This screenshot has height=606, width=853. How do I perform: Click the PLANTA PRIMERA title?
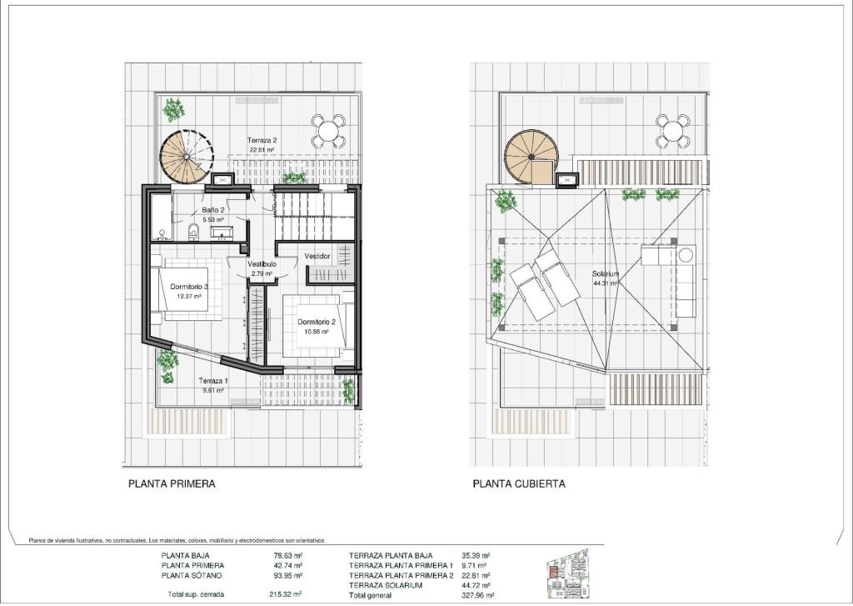click(172, 483)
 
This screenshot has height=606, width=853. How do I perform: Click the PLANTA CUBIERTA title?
click(519, 483)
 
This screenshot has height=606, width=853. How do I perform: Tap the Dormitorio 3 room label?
click(189, 287)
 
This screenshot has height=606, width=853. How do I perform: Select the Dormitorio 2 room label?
click(317, 322)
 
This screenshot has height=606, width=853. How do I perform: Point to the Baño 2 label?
click(212, 210)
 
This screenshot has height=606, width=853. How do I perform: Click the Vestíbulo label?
click(262, 264)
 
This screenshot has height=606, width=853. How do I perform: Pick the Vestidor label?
click(317, 256)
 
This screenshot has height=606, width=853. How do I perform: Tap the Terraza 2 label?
click(262, 140)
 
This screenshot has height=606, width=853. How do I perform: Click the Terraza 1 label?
click(213, 381)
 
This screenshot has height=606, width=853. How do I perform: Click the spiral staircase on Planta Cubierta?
click(530, 156)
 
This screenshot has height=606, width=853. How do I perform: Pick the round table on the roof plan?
click(671, 131)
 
